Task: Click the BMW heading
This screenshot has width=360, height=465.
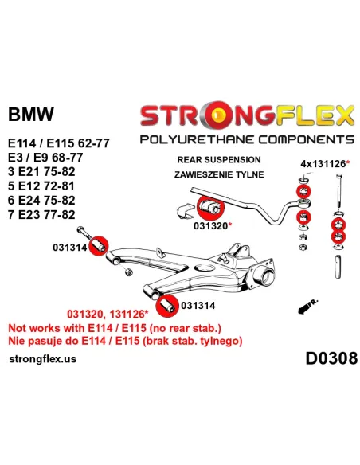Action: pyautogui.click(x=31, y=114)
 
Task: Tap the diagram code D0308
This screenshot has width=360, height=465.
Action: pyautogui.click(x=331, y=358)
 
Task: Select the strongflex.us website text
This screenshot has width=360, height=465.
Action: pyautogui.click(x=43, y=359)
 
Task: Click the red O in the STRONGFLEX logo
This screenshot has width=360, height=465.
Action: pyautogui.click(x=217, y=115)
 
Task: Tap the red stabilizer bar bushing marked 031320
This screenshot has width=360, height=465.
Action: pyautogui.click(x=210, y=207)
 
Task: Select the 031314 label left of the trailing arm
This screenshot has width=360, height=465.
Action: pyautogui.click(x=69, y=248)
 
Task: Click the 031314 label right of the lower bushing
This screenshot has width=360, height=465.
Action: pyautogui.click(x=198, y=305)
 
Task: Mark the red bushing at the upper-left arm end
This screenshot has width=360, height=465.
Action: pyautogui.click(x=97, y=246)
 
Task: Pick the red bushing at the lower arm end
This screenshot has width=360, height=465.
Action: pyautogui.click(x=167, y=306)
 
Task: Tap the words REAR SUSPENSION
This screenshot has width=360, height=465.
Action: pyautogui.click(x=219, y=160)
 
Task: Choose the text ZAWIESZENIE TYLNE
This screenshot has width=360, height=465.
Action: pyautogui.click(x=219, y=174)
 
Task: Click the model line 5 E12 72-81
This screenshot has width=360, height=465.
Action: pyautogui.click(x=41, y=186)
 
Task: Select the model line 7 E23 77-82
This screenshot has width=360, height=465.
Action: pyautogui.click(x=41, y=214)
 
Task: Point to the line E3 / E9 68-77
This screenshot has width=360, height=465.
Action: pyautogui.click(x=45, y=158)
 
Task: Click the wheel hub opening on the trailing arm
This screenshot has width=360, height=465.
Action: pyautogui.click(x=266, y=276)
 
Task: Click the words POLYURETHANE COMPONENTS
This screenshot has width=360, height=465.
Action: pyautogui.click(x=247, y=139)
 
